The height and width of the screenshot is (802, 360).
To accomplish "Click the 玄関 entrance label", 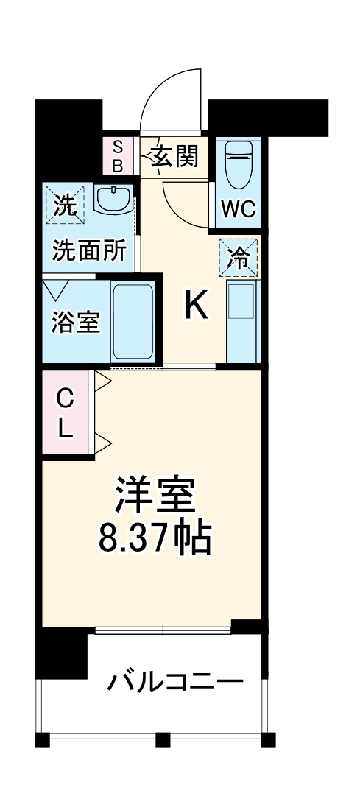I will (175, 156).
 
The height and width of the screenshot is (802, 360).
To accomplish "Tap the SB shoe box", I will (118, 155).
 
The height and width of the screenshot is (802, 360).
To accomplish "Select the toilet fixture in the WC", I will (239, 163).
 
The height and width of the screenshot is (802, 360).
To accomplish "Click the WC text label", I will (239, 209).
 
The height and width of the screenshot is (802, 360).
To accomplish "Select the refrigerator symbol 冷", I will (239, 257).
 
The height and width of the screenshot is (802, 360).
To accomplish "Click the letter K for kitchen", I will (196, 304).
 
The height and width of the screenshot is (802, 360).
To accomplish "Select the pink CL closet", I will (66, 414).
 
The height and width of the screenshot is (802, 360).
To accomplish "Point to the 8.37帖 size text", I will (155, 538).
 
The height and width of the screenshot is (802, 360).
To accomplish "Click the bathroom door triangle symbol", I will (57, 288).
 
